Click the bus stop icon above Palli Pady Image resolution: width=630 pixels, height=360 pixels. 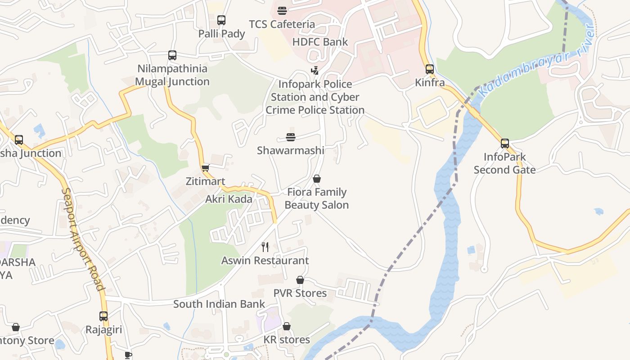(221, 20)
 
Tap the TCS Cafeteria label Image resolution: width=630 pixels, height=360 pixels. (282, 24)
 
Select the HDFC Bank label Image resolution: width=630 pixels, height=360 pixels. (320, 42)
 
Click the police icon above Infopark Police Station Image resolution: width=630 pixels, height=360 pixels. (315, 71)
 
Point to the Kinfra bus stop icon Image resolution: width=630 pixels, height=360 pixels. (430, 69)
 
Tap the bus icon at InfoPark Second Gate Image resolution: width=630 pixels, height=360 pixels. (505, 144)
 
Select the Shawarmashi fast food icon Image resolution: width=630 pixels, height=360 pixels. (291, 137)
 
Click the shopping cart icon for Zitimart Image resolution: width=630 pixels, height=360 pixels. (206, 168)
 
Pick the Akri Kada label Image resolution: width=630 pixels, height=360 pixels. (229, 199)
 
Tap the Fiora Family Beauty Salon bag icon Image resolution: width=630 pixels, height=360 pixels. (317, 179)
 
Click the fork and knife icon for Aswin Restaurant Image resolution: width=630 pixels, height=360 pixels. (265, 247)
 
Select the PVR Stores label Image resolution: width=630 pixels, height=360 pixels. (300, 293)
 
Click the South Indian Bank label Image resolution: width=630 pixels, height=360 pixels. (219, 304)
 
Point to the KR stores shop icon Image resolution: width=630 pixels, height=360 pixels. (287, 326)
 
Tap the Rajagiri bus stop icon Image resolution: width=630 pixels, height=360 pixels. (103, 316)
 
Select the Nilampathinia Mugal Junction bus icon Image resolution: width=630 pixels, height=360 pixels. (172, 55)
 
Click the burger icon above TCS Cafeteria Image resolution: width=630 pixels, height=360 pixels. (282, 10)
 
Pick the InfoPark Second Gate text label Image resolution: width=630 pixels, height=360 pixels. (504, 163)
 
